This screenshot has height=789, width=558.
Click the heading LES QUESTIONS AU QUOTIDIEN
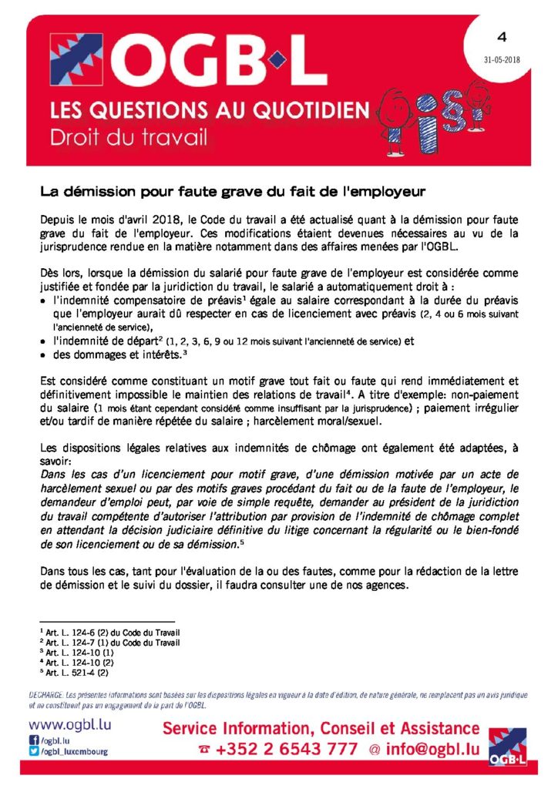[x=210, y=111]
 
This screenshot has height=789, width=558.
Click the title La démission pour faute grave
[x=234, y=188]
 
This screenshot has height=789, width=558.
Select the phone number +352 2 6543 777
[x=287, y=750]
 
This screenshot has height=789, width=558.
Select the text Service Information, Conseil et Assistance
[x=321, y=728]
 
